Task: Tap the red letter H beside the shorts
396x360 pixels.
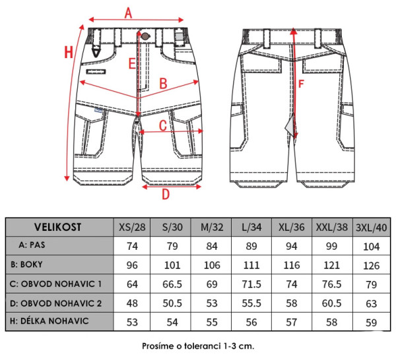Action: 67,53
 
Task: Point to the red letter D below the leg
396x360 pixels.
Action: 166,194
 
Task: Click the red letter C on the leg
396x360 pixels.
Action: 162,124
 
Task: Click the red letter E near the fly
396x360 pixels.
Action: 133,63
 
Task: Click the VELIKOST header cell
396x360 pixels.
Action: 57,227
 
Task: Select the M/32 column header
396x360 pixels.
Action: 213,227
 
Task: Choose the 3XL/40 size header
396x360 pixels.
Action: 372,227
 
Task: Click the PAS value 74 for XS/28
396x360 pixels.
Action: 132,246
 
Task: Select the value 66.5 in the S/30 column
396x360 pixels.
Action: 172,284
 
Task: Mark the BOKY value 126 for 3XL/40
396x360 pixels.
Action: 372,265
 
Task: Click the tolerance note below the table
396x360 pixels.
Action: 197,346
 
